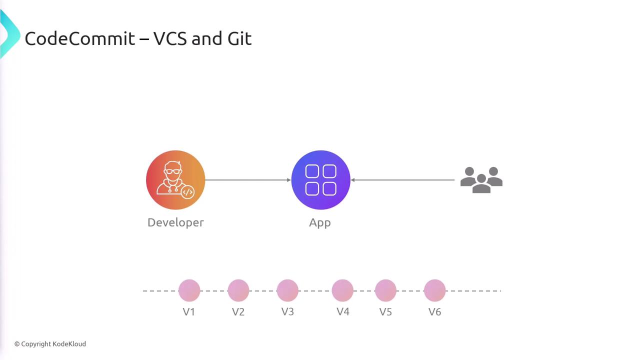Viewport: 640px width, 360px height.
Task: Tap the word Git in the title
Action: click(239, 38)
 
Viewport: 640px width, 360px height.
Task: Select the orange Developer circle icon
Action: click(175, 180)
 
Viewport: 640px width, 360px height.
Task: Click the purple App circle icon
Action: click(320, 180)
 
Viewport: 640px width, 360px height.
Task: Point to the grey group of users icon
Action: click(481, 180)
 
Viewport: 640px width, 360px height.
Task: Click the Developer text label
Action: click(175, 222)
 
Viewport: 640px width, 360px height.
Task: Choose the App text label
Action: click(320, 223)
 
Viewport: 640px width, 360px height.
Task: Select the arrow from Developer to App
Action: click(248, 180)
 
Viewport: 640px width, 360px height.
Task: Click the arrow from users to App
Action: click(402, 180)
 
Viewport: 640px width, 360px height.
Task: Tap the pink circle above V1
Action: click(189, 290)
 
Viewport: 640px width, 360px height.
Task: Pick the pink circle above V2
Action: click(238, 290)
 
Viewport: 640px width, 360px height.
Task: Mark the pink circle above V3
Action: click(287, 290)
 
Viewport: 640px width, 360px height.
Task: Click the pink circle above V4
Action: click(342, 290)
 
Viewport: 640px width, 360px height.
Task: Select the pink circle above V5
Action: click(385, 290)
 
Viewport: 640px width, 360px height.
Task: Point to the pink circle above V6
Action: click(434, 290)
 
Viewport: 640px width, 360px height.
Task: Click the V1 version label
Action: click(189, 312)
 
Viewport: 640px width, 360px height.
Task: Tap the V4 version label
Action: click(342, 312)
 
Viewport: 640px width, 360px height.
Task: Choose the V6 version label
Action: click(434, 312)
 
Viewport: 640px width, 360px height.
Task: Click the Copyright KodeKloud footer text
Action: click(50, 344)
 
